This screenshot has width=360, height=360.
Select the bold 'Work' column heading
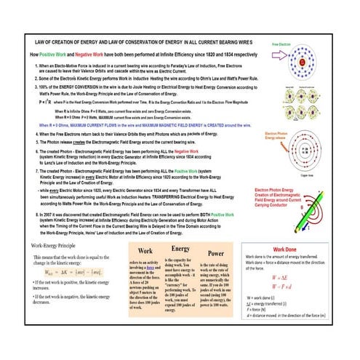click(145, 251)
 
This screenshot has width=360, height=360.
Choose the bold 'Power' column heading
click(216, 253)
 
